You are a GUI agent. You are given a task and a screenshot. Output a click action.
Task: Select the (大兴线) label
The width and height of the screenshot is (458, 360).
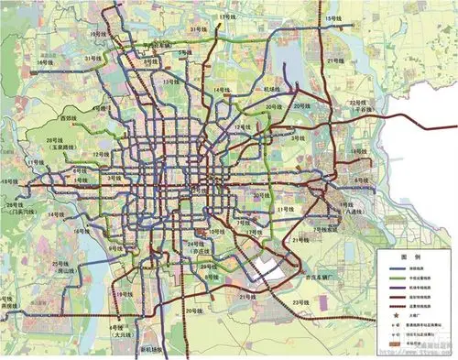point(122,335)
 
